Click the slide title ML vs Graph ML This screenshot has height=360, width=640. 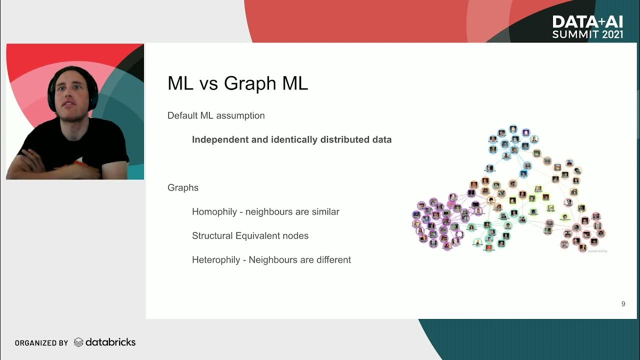pyautogui.click(x=237, y=83)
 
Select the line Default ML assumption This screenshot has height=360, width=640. pyautogui.click(x=216, y=115)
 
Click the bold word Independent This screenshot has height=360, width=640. pyautogui.click(x=220, y=139)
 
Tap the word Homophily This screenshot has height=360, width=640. pyautogui.click(x=214, y=212)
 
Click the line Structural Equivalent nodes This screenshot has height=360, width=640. pyautogui.click(x=250, y=236)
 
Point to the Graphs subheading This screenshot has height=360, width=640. pyautogui.click(x=183, y=188)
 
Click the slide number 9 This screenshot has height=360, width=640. pyautogui.click(x=623, y=304)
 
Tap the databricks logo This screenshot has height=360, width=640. pyautogui.click(x=105, y=342)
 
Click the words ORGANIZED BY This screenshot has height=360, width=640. pyautogui.click(x=41, y=343)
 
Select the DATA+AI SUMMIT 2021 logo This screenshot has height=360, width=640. pyautogui.click(x=587, y=27)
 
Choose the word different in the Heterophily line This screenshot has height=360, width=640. pyautogui.click(x=332, y=260)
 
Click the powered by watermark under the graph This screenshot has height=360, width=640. pyautogui.click(x=597, y=251)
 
